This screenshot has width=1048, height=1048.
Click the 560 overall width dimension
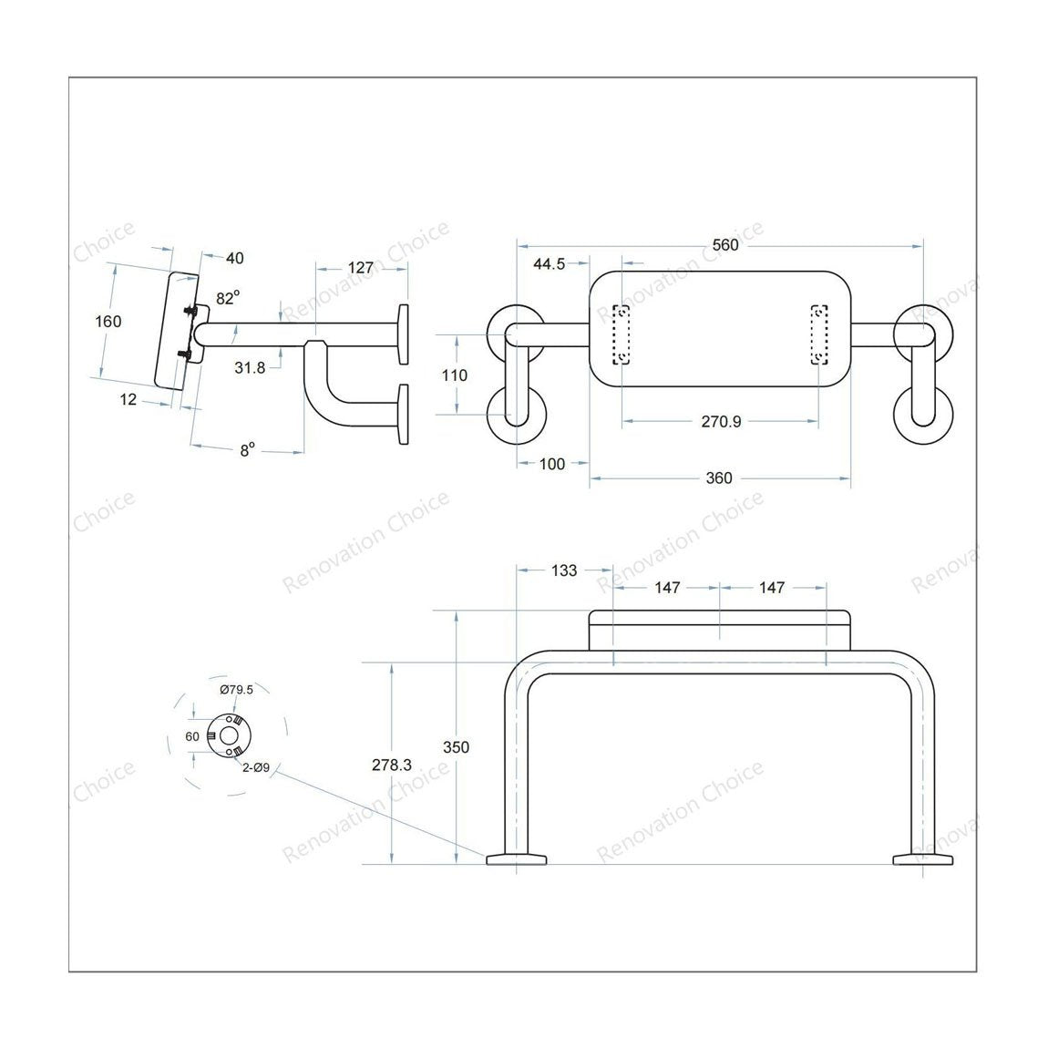[x=725, y=244]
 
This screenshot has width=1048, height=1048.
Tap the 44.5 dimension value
[x=549, y=264]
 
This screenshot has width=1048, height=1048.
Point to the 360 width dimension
[x=719, y=478]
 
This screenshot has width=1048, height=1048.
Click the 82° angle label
[x=228, y=298]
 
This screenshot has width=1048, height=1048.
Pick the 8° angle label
[x=247, y=449]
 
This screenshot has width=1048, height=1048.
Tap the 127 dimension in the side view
[x=361, y=267]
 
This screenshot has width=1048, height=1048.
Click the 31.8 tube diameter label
[x=250, y=367]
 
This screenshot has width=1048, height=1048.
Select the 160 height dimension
[x=108, y=321]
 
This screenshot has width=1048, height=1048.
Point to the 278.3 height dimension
[x=392, y=765]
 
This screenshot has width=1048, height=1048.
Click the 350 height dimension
[x=456, y=747]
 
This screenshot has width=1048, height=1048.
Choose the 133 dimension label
[x=564, y=570]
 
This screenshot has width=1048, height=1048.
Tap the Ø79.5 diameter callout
[x=236, y=689]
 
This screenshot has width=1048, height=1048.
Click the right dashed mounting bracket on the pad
[x=821, y=334]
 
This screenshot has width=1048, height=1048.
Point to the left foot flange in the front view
[x=516, y=858]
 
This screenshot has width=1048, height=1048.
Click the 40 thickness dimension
[x=234, y=258]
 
